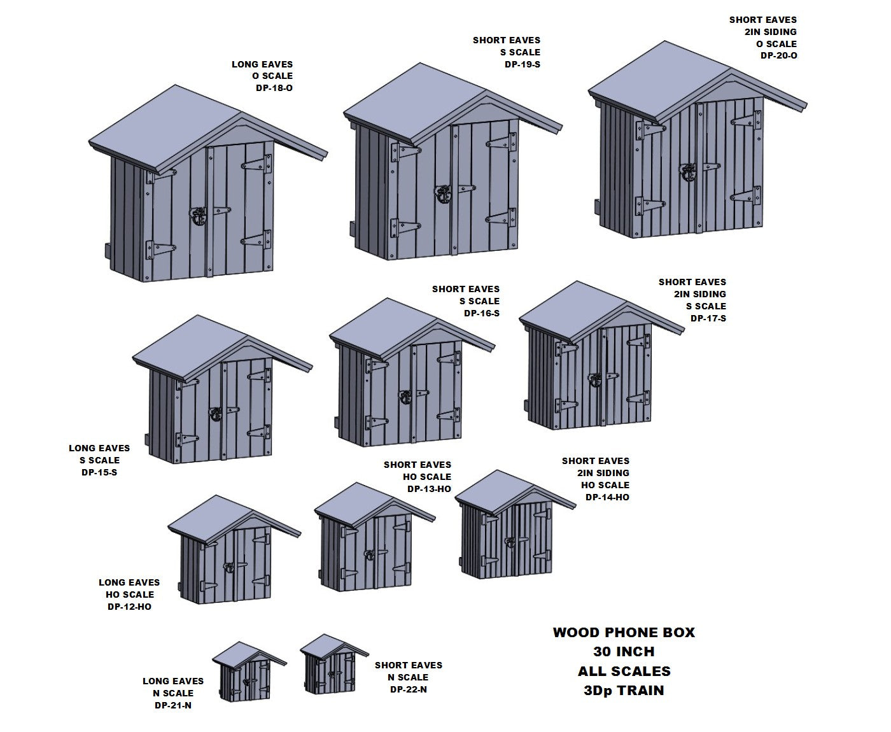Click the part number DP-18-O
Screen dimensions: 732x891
click(x=274, y=88)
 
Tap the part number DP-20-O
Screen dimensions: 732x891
click(x=778, y=56)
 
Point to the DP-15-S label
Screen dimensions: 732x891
click(x=99, y=472)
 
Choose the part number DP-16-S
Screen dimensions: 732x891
click(x=481, y=313)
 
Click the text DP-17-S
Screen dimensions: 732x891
click(x=708, y=318)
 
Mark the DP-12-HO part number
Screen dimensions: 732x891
click(x=129, y=607)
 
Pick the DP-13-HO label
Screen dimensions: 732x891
click(x=429, y=489)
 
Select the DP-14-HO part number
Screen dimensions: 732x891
click(x=607, y=497)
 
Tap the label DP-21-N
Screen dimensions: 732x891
click(x=172, y=705)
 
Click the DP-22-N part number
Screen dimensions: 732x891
click(x=408, y=689)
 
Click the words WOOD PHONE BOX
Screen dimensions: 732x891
click(x=624, y=633)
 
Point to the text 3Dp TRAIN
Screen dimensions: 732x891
click(x=624, y=691)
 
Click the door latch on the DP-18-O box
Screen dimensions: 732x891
click(x=199, y=216)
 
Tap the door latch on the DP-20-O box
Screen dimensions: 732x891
click(x=688, y=172)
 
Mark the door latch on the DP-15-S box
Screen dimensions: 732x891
click(x=215, y=414)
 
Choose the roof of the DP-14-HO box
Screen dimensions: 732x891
click(x=503, y=489)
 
